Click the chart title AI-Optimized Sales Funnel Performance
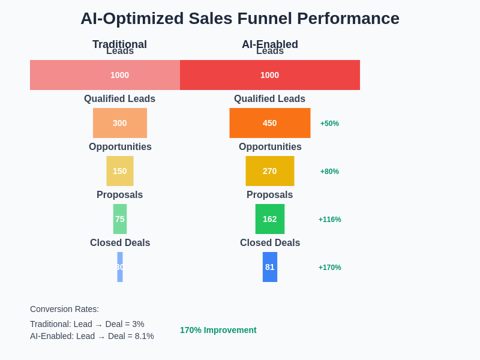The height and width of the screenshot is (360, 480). pos(240,19)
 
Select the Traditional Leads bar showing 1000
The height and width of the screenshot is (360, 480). pos(105,75)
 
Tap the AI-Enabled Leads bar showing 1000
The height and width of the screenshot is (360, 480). pos(270,75)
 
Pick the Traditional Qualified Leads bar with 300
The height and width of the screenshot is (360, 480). pos(120,123)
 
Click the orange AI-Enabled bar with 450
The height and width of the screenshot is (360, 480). pos(270,123)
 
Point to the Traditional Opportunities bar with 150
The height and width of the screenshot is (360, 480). pos(120,171)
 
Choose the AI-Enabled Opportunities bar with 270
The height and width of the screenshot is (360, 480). pos(270,171)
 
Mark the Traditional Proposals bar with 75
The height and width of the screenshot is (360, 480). pos(120,219)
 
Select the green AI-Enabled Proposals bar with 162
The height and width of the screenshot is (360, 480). pos(270,219)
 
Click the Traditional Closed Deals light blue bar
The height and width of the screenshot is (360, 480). pos(120,267)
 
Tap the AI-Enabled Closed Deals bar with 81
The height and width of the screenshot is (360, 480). pos(270,267)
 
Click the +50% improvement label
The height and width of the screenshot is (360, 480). pos(329,124)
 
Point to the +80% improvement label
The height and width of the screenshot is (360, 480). pos(329,172)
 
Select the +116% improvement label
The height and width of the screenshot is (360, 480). pos(329,220)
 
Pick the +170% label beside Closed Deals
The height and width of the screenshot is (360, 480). pos(329,268)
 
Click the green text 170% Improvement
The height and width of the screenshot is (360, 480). pos(218,330)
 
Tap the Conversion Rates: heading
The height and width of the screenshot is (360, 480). pos(64,309)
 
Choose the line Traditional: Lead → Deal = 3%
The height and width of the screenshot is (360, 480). pos(87,324)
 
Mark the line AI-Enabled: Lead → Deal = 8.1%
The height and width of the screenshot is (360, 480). pos(92,336)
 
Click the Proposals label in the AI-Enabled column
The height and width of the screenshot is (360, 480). pos(269,195)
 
